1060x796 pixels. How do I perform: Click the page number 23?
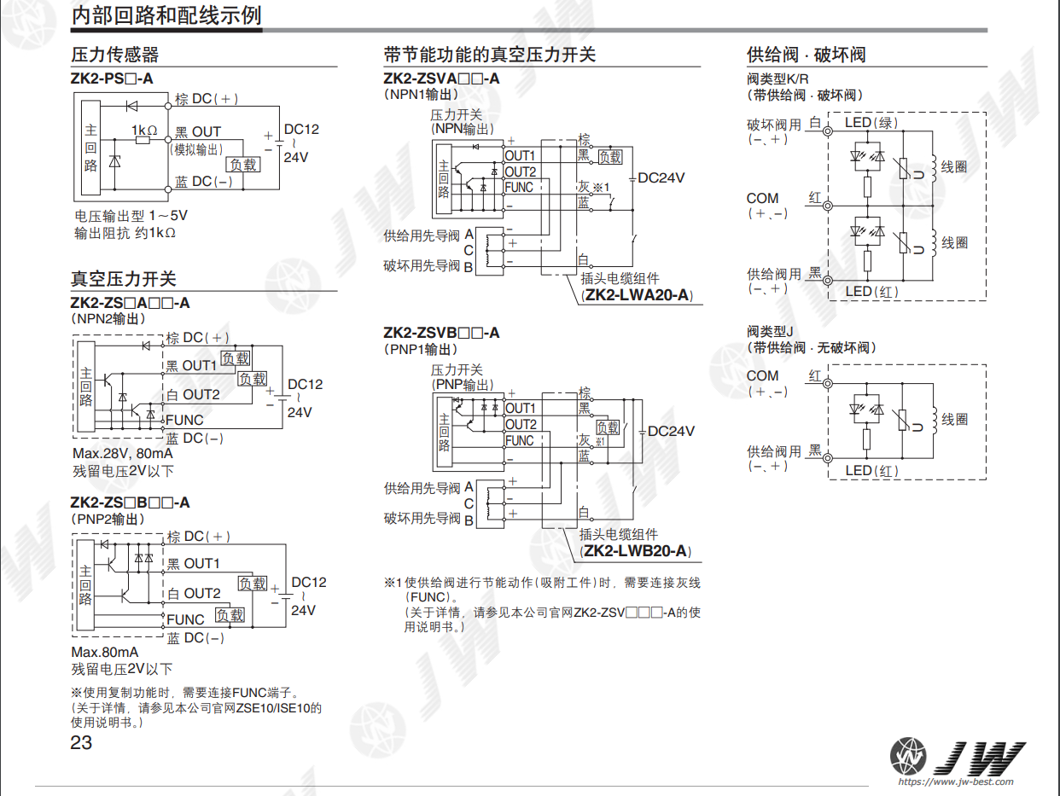point(81,742)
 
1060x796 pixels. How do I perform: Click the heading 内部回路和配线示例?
point(166,15)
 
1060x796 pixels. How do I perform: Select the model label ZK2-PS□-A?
point(112,78)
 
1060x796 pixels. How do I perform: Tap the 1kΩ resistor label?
point(144,130)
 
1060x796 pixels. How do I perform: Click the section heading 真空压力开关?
point(123,279)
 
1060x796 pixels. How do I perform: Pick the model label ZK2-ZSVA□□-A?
point(441,78)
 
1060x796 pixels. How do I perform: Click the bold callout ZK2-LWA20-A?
point(637,295)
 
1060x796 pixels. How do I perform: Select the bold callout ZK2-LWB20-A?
point(636,551)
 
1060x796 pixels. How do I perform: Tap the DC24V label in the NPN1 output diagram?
point(661,177)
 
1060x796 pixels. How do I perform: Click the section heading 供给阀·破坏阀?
point(806,55)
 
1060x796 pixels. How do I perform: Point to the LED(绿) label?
point(871,123)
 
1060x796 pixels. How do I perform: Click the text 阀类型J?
point(770,331)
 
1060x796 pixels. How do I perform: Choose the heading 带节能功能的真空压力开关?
point(489,55)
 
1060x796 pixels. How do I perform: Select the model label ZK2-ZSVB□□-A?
point(441,333)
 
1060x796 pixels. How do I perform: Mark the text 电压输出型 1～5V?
point(131,215)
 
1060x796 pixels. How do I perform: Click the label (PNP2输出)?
point(108,519)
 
